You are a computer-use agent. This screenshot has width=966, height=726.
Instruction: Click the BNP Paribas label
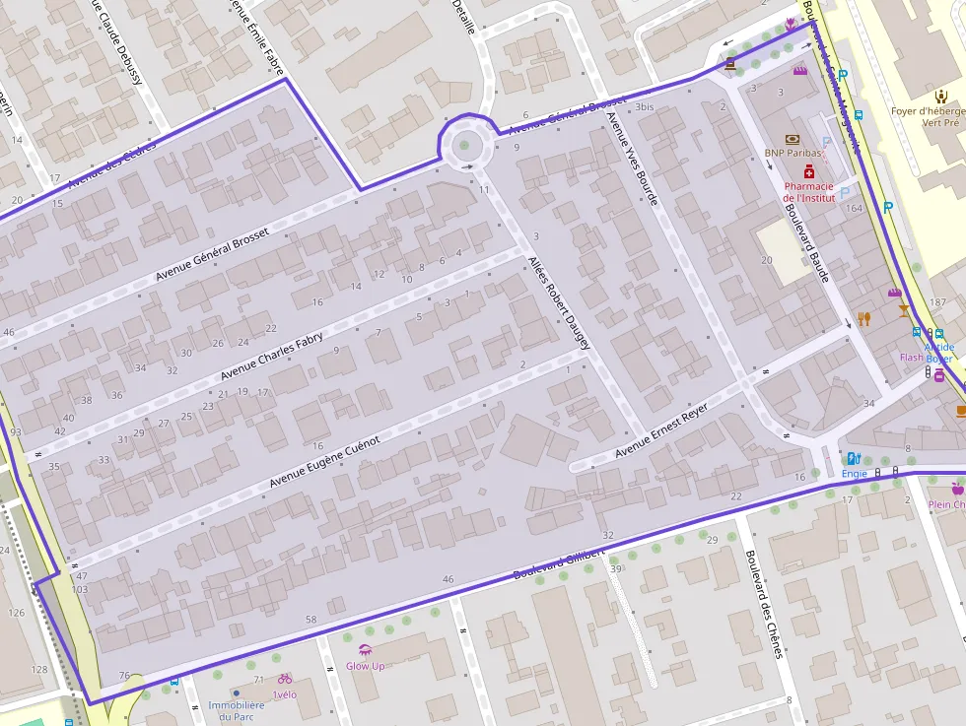(x=793, y=154)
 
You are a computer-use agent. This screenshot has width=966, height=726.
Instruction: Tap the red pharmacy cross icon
(x=808, y=171)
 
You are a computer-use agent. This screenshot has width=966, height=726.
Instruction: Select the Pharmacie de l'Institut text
(x=808, y=191)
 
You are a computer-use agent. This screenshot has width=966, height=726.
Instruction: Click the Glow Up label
(x=365, y=666)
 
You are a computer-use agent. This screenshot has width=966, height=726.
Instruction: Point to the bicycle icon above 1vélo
(x=285, y=679)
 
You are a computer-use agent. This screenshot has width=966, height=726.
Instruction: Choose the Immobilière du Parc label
(x=236, y=710)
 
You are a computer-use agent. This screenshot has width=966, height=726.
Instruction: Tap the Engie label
(x=854, y=474)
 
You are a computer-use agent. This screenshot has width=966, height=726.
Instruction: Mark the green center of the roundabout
(x=464, y=147)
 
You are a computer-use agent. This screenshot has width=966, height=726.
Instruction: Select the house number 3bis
(x=645, y=106)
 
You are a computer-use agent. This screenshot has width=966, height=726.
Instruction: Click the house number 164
(x=854, y=208)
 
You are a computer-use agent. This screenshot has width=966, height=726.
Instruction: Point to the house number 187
(x=937, y=301)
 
